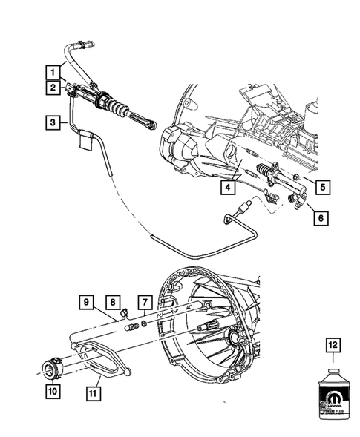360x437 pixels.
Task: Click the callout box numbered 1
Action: tap(53, 72)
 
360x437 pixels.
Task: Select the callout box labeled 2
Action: tap(53, 88)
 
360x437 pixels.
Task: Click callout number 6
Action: tap(320, 218)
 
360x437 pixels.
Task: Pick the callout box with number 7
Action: tap(145, 302)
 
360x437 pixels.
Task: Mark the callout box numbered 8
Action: tap(113, 302)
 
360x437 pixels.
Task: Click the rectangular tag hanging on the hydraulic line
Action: tap(82, 142)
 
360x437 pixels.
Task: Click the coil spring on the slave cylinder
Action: tap(264, 174)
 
